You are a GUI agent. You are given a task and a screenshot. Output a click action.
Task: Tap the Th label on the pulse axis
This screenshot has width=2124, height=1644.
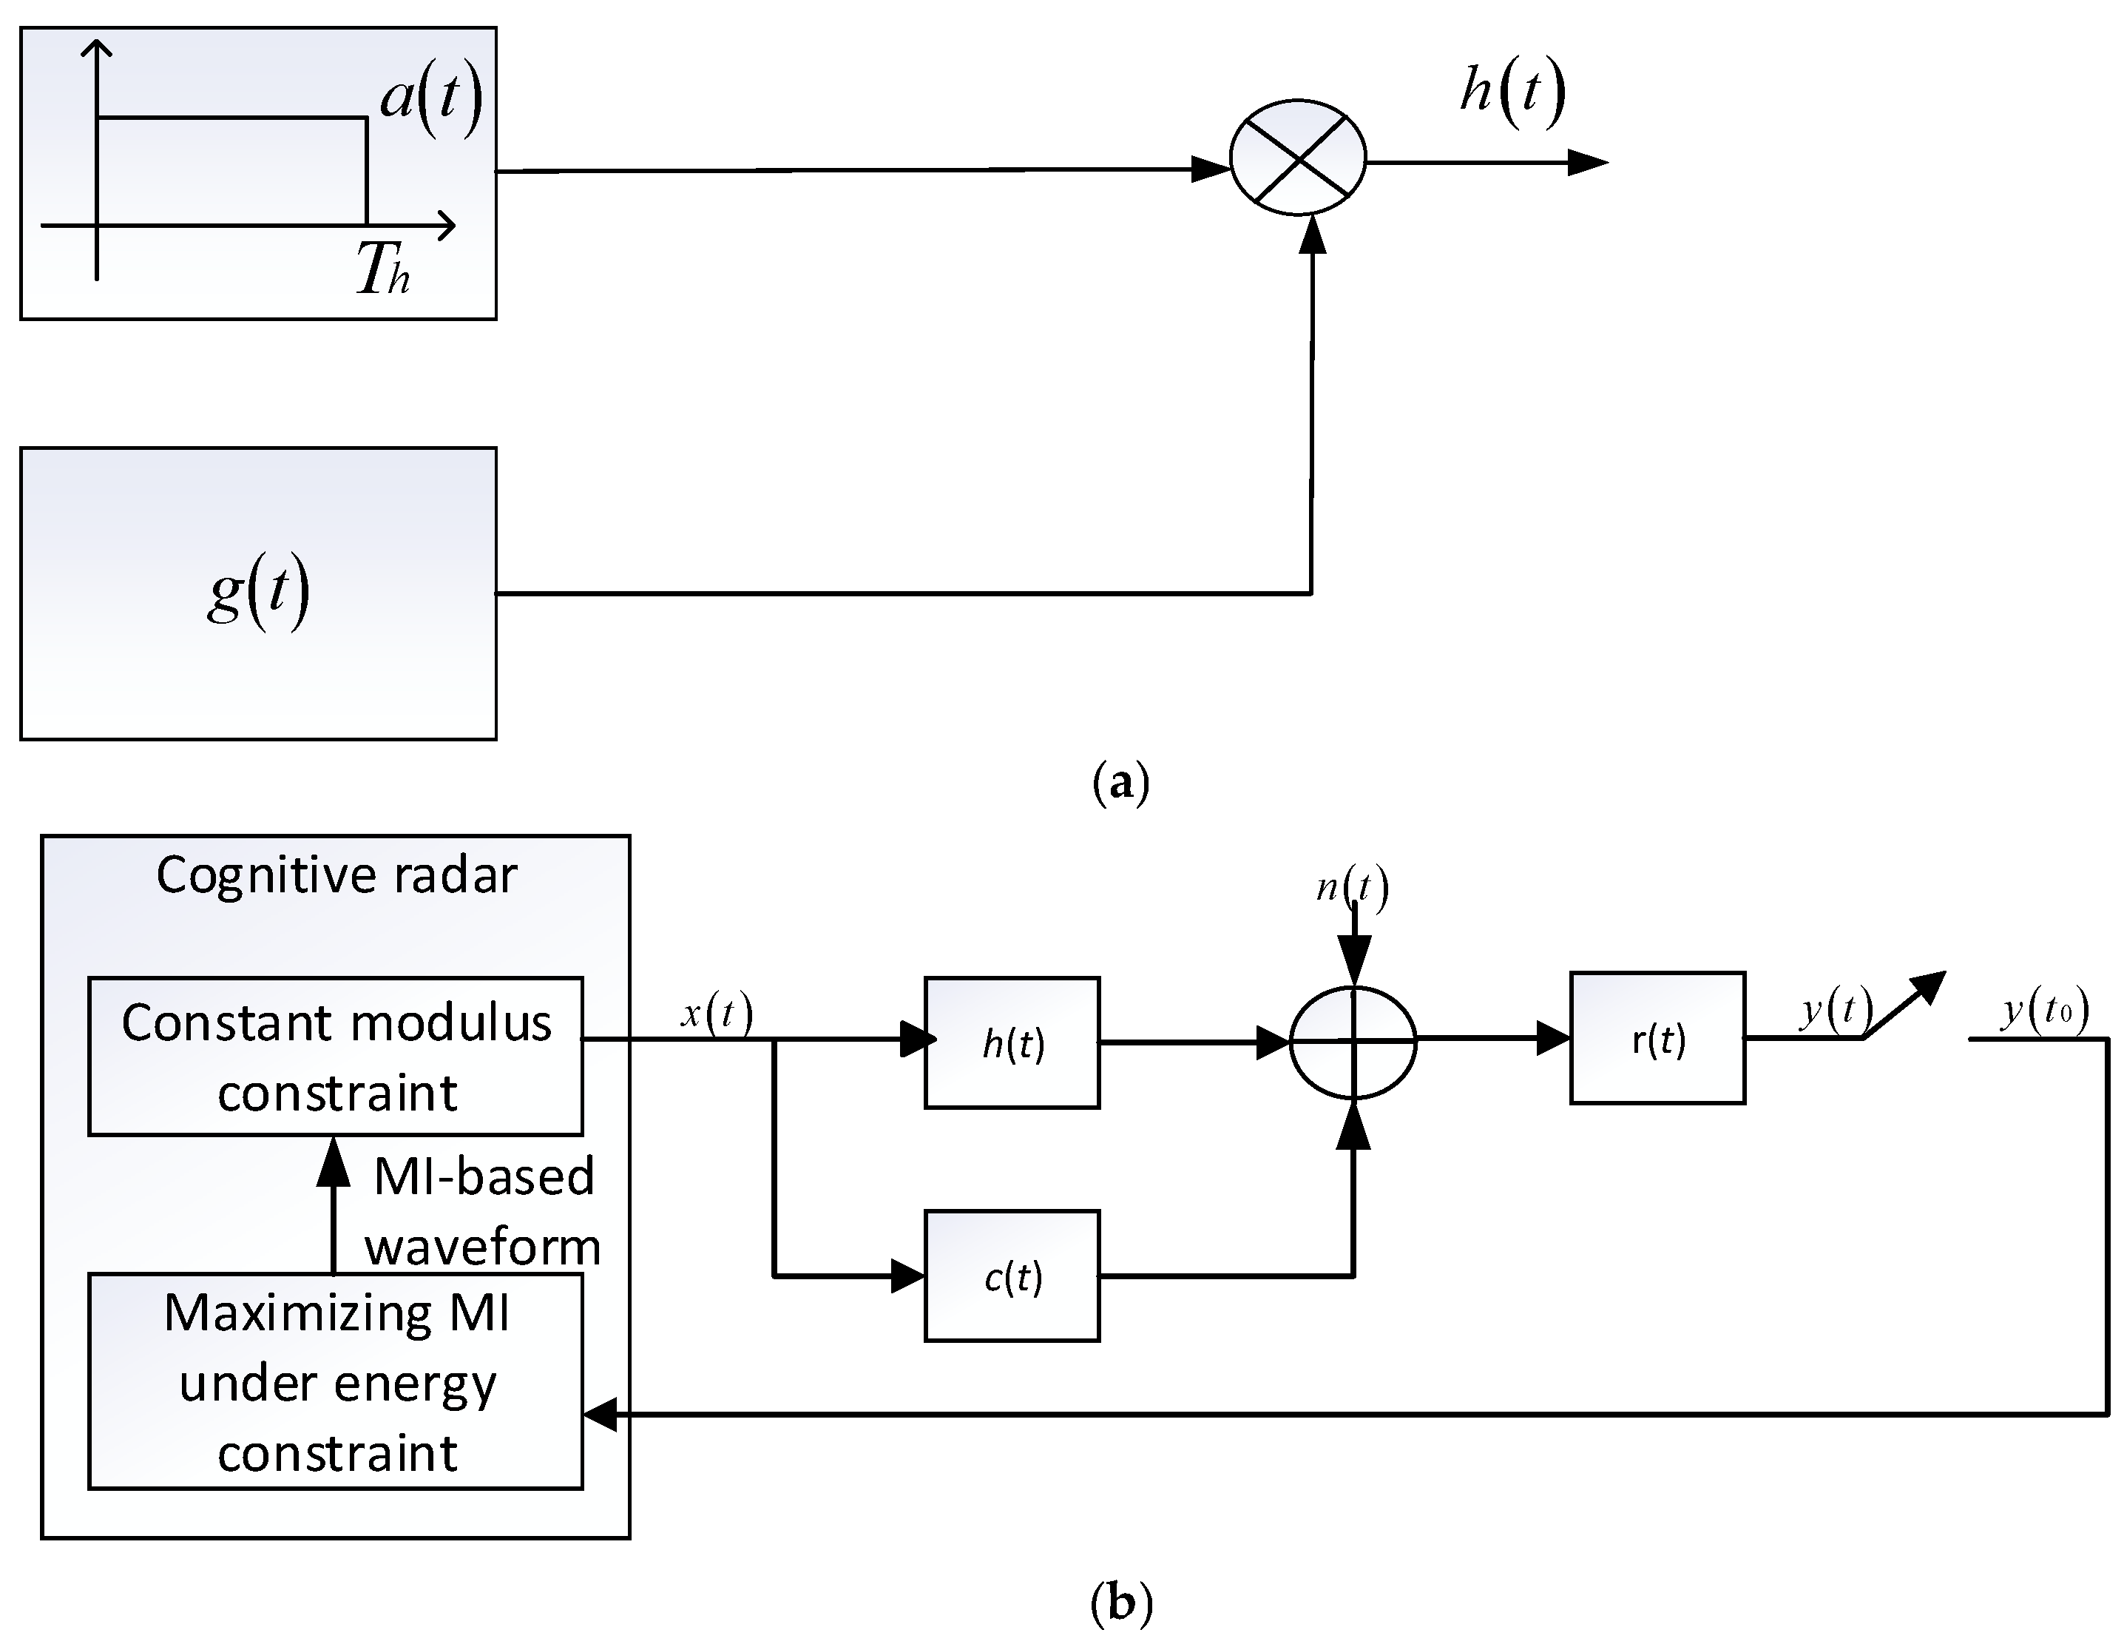pyautogui.click(x=381, y=269)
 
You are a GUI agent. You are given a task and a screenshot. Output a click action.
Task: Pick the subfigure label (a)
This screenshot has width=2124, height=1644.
pyautogui.click(x=1120, y=782)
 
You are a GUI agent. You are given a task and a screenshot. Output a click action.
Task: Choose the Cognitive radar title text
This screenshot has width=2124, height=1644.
pyautogui.click(x=336, y=875)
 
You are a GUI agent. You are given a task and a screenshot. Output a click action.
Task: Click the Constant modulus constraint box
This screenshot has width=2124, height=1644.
pyautogui.click(x=336, y=1057)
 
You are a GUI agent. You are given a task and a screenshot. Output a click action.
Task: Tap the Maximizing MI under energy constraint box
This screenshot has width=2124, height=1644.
pyautogui.click(x=336, y=1381)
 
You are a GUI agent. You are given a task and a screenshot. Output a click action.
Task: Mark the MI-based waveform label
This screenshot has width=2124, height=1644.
pyautogui.click(x=484, y=1211)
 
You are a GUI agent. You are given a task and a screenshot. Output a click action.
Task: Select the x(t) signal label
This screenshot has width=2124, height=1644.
pyautogui.click(x=717, y=1014)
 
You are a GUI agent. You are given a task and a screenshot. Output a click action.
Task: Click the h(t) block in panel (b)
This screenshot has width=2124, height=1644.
pyautogui.click(x=1012, y=1042)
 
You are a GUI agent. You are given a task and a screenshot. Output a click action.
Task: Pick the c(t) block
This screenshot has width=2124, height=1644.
pyautogui.click(x=1012, y=1276)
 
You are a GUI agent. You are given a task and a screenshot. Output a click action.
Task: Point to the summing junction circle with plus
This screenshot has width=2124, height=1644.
pyautogui.click(x=1353, y=1042)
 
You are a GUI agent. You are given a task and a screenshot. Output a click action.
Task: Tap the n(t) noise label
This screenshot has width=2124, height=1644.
pyautogui.click(x=1352, y=887)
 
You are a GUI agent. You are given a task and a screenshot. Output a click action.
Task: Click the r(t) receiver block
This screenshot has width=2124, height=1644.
pyautogui.click(x=1657, y=1039)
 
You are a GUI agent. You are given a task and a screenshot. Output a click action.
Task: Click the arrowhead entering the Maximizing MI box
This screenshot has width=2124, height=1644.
pyautogui.click(x=601, y=1415)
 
